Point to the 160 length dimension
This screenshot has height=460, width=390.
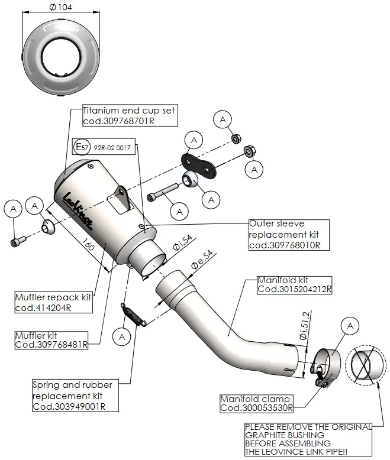pyautogui.click(x=87, y=244)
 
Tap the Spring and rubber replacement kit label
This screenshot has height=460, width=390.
pyautogui.click(x=72, y=395)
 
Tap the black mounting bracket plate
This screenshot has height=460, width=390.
pyautogui.click(x=198, y=163)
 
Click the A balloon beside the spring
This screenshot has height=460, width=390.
pyautogui.click(x=123, y=336)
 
